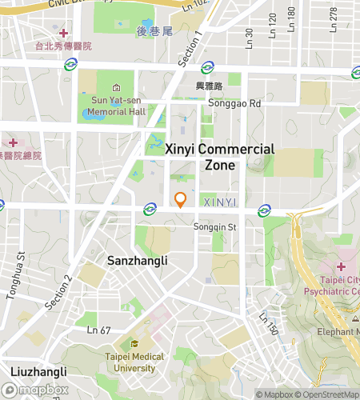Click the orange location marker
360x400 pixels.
[181, 199]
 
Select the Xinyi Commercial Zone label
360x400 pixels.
[220, 157]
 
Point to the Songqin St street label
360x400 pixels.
[215, 227]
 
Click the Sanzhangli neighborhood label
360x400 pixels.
[138, 261]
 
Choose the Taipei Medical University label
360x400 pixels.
[134, 362]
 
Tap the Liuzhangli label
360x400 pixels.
[39, 372]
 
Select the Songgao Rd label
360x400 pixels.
[234, 103]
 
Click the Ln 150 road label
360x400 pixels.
[268, 323]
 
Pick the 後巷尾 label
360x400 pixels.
[154, 31]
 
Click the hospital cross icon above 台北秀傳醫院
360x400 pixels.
[63, 33]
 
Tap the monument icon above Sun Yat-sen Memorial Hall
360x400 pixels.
[117, 87]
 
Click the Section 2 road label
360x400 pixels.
[58, 292]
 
